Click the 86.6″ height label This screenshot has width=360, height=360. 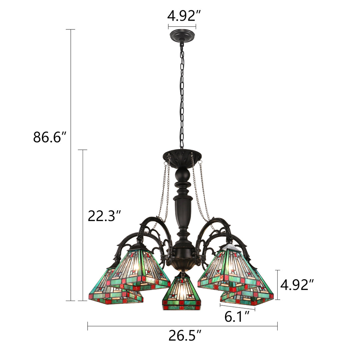(50, 137)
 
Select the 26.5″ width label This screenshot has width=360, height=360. (185, 335)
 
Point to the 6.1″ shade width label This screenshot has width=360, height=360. (237, 317)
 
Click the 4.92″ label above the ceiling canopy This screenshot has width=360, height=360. (184, 16)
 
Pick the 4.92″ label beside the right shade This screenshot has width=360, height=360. (297, 285)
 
